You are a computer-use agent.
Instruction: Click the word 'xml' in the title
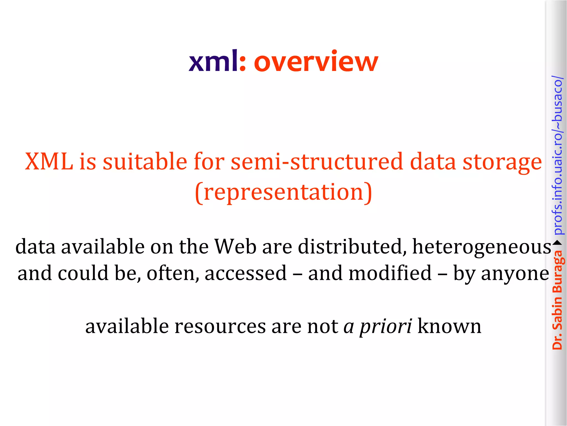tap(213, 61)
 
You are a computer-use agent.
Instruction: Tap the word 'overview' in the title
tap(316, 61)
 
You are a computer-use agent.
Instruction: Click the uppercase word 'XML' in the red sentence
tap(49, 161)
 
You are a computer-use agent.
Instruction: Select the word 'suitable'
tap(145, 161)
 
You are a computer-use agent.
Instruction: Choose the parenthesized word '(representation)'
tap(283, 192)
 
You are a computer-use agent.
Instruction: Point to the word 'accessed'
tap(246, 273)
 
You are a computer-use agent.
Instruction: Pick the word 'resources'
tap(220, 326)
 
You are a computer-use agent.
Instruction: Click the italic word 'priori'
tap(386, 327)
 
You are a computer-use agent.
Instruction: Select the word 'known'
tap(449, 326)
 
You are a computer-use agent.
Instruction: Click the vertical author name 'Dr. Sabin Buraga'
tap(557, 300)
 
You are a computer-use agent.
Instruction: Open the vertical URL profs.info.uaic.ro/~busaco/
tap(557, 155)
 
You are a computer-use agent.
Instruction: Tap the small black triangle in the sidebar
tap(557, 243)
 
